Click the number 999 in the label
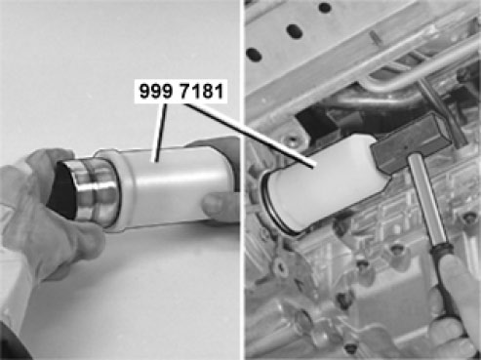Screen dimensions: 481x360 [x=155, y=91]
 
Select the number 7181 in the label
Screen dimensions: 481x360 [x=201, y=91]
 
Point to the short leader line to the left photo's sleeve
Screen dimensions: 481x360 [x=161, y=132]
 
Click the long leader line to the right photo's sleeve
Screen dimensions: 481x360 [x=250, y=136]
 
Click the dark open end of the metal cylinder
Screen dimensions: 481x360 [x=62, y=190]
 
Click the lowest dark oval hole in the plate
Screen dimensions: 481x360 [x=255, y=55]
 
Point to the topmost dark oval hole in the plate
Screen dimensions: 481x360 [x=324, y=7]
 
